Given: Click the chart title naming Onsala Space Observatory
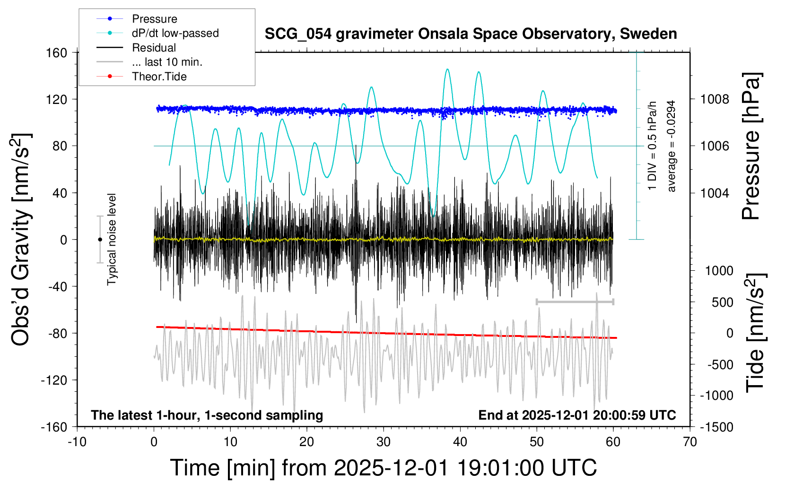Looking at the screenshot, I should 471,34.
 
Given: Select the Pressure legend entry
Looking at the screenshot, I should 154,19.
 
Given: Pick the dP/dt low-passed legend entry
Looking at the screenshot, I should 175,33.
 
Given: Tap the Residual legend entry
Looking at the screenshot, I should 154,48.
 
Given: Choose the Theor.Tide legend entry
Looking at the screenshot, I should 159,77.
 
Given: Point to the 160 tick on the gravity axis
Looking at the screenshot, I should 57,52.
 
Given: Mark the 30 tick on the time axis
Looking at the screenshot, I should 384,442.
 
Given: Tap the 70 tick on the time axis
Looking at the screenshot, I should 690,442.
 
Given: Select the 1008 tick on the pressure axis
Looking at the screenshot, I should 715,99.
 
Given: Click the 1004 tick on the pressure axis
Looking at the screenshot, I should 715,193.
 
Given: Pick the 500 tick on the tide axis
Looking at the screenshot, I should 723,302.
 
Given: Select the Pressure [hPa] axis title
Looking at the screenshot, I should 751,146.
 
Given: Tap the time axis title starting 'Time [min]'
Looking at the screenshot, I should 383,468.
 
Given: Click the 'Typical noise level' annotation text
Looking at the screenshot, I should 112,239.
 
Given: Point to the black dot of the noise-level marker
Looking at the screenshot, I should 100,240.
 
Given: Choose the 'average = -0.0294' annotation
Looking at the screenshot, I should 672,146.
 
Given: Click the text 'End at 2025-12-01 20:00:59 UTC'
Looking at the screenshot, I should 577,415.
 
